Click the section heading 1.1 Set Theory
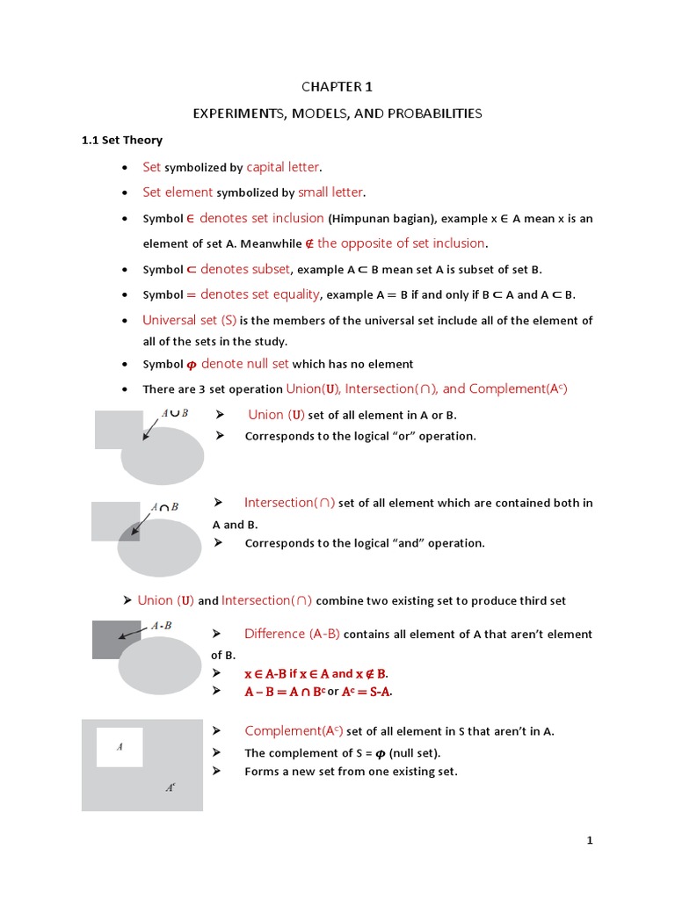pyautogui.click(x=121, y=140)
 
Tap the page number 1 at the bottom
pyautogui.click(x=591, y=841)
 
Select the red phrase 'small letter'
pyautogui.click(x=330, y=192)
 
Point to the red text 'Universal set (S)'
pyautogui.click(x=190, y=320)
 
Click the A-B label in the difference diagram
pyautogui.click(x=162, y=626)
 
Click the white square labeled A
pyautogui.click(x=120, y=747)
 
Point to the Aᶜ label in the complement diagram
pyautogui.click(x=171, y=788)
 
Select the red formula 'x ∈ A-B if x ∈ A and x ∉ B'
pyautogui.click(x=316, y=673)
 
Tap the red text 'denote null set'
pyautogui.click(x=245, y=364)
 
